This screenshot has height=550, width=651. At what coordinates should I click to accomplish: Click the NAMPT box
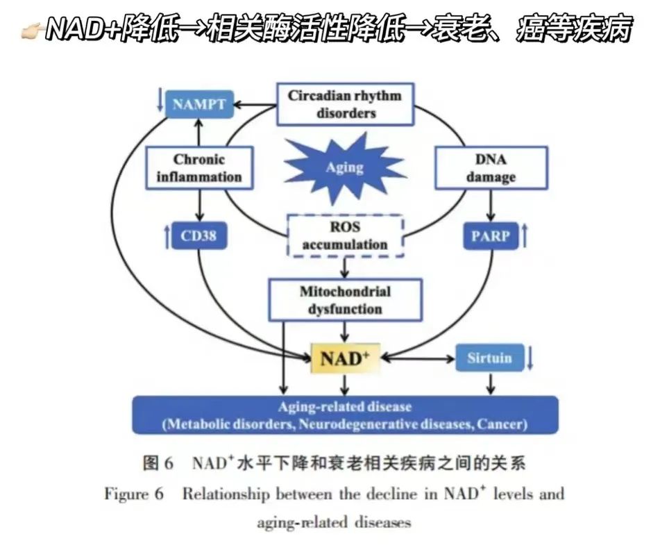pos(199,105)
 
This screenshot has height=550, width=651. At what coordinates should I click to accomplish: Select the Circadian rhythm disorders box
pos(345,104)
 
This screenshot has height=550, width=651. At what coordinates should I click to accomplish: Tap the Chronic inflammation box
pos(198,167)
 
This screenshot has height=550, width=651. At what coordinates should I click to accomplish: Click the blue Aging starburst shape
pos(345,167)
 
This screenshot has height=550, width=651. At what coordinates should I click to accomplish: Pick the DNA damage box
pos(491,167)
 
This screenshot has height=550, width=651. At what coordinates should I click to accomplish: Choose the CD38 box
pos(199,236)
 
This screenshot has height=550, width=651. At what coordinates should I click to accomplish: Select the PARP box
pos(491,236)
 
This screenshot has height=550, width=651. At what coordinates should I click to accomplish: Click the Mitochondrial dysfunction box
pos(345,299)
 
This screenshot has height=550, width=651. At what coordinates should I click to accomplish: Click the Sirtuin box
pos(489,358)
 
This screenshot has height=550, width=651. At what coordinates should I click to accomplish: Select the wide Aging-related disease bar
pos(345,415)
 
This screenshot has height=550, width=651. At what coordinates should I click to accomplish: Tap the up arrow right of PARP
pos(525,236)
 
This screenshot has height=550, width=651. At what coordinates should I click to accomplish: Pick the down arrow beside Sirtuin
pos(531,358)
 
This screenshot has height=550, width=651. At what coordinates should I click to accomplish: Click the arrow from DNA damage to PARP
pos(491,206)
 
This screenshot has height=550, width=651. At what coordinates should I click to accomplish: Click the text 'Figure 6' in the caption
pos(135,494)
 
